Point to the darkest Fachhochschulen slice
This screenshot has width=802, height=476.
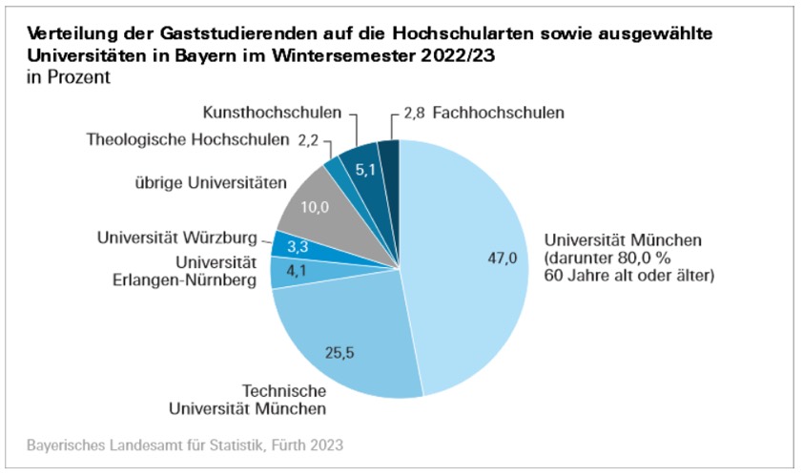tap(389, 153)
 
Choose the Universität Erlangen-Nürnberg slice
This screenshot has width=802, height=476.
tap(285, 272)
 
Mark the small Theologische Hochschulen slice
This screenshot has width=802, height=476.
tap(334, 166)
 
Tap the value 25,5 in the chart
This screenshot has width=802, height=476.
tap(339, 352)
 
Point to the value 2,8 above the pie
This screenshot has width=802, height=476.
tap(413, 113)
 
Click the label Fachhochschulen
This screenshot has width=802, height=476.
tap(498, 113)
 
